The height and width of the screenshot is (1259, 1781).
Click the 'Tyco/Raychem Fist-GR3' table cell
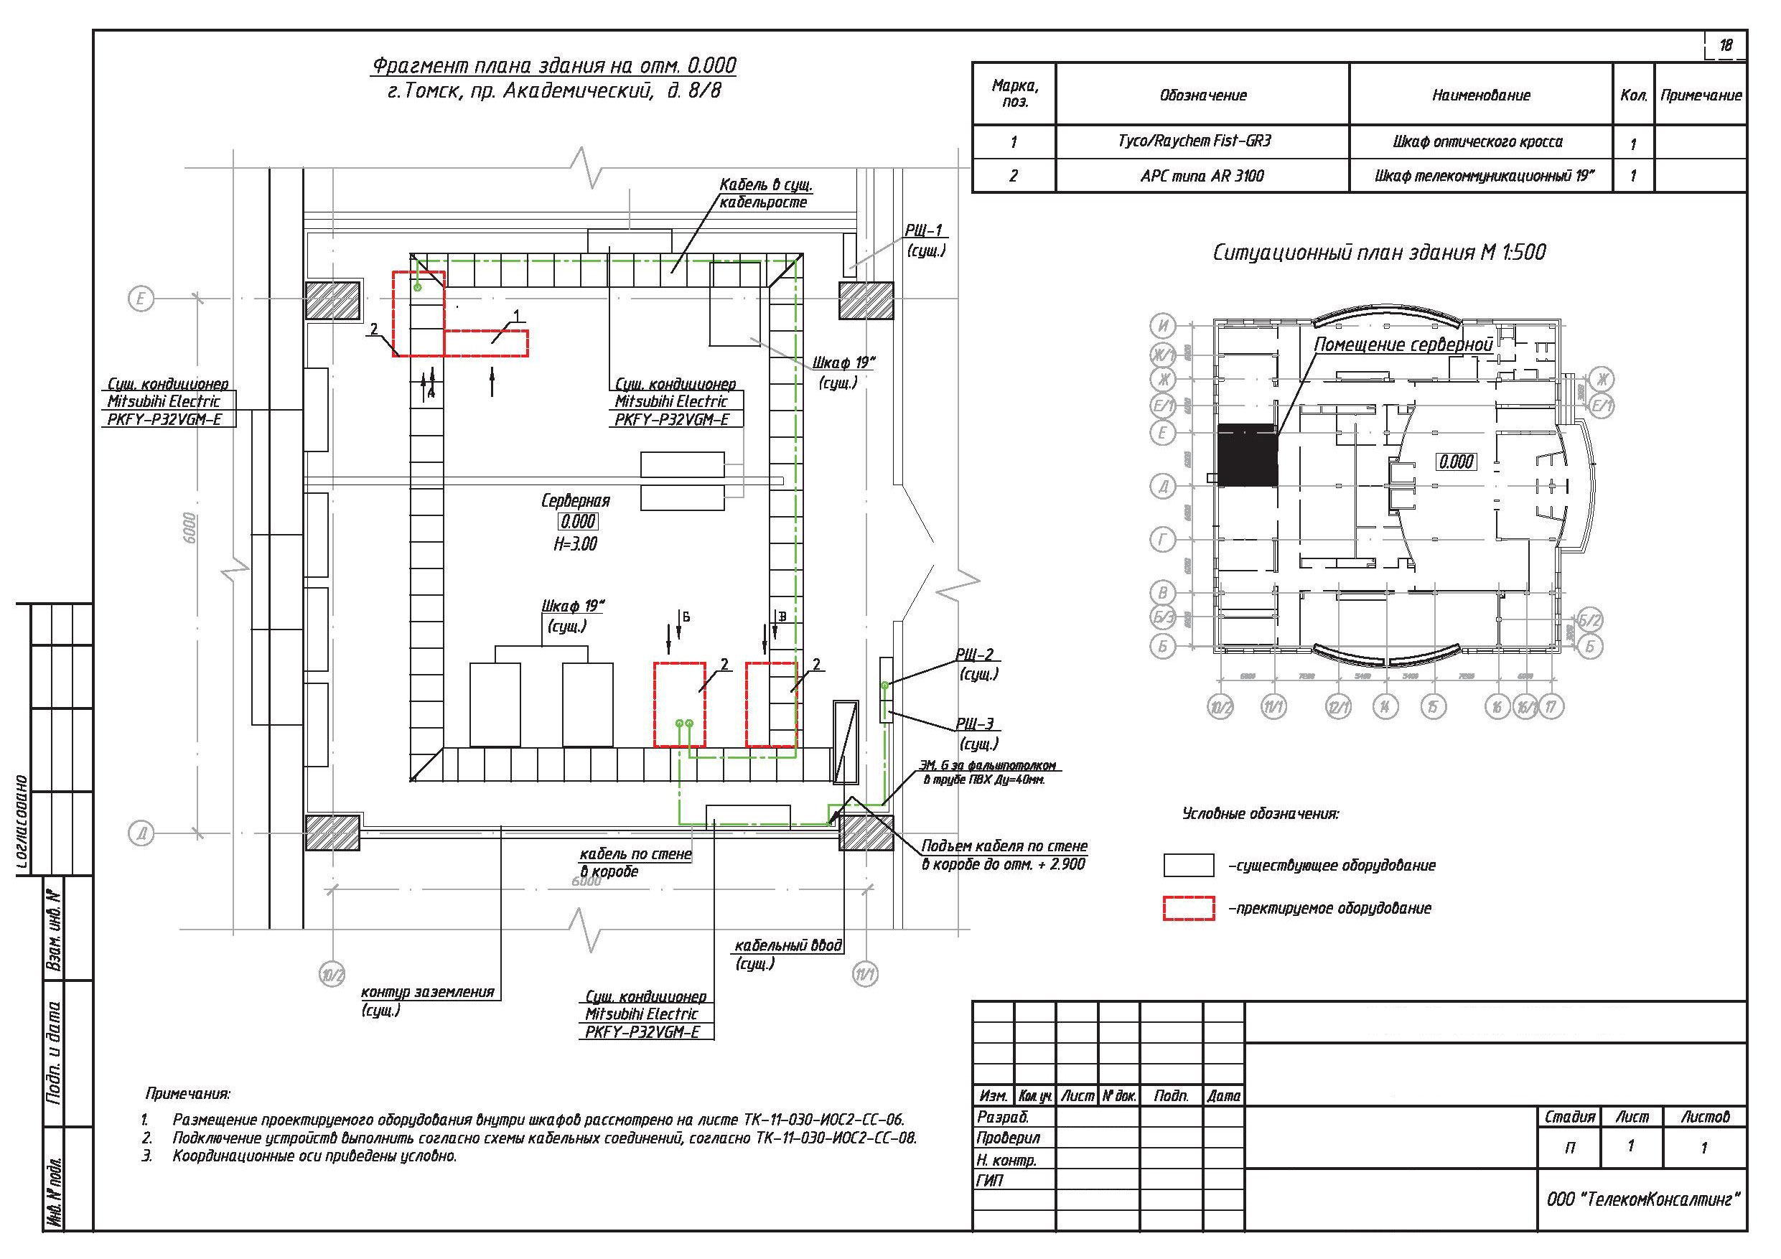(1202, 141)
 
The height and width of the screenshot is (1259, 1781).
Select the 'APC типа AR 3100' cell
(1202, 176)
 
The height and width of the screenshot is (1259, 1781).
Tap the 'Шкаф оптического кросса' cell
(1480, 142)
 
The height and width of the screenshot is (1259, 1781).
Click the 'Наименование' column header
(1480, 95)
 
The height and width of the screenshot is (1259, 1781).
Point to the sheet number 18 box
(1725, 46)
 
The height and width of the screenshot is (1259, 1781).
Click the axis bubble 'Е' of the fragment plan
(141, 299)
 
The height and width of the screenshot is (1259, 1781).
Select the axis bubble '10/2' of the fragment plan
(332, 974)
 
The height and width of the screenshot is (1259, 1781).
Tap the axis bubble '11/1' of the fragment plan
(865, 974)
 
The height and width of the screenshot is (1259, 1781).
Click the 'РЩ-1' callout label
(923, 230)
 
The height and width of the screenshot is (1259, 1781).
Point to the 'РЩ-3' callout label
(974, 724)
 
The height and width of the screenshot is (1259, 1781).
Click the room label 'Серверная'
(576, 501)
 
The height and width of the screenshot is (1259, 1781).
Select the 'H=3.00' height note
(576, 545)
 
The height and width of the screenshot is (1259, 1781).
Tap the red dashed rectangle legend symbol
(1188, 909)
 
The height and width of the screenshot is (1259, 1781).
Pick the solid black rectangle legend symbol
(1188, 865)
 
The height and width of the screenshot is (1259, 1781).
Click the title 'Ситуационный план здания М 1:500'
(1378, 253)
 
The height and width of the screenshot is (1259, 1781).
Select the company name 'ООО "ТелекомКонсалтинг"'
(1643, 1199)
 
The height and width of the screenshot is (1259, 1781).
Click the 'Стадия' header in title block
(1569, 1117)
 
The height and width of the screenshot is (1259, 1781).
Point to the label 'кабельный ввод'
(787, 946)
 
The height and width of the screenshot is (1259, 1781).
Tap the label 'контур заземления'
(427, 992)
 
